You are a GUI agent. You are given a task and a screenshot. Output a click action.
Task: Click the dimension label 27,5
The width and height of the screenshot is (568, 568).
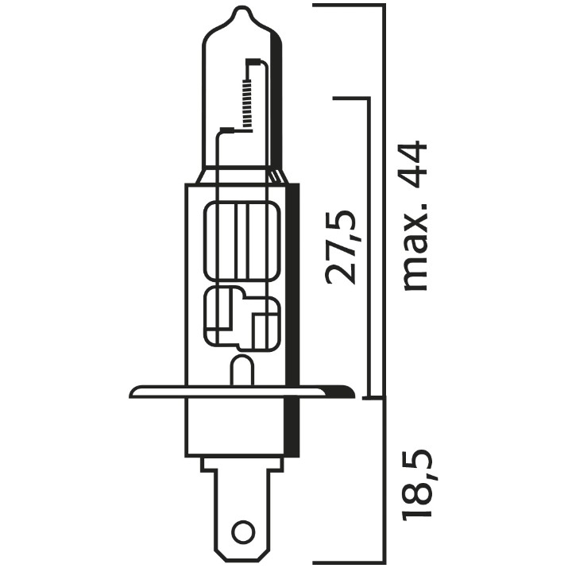[x=341, y=247]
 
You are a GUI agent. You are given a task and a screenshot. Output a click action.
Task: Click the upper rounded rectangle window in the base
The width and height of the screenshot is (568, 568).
[x=242, y=241]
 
